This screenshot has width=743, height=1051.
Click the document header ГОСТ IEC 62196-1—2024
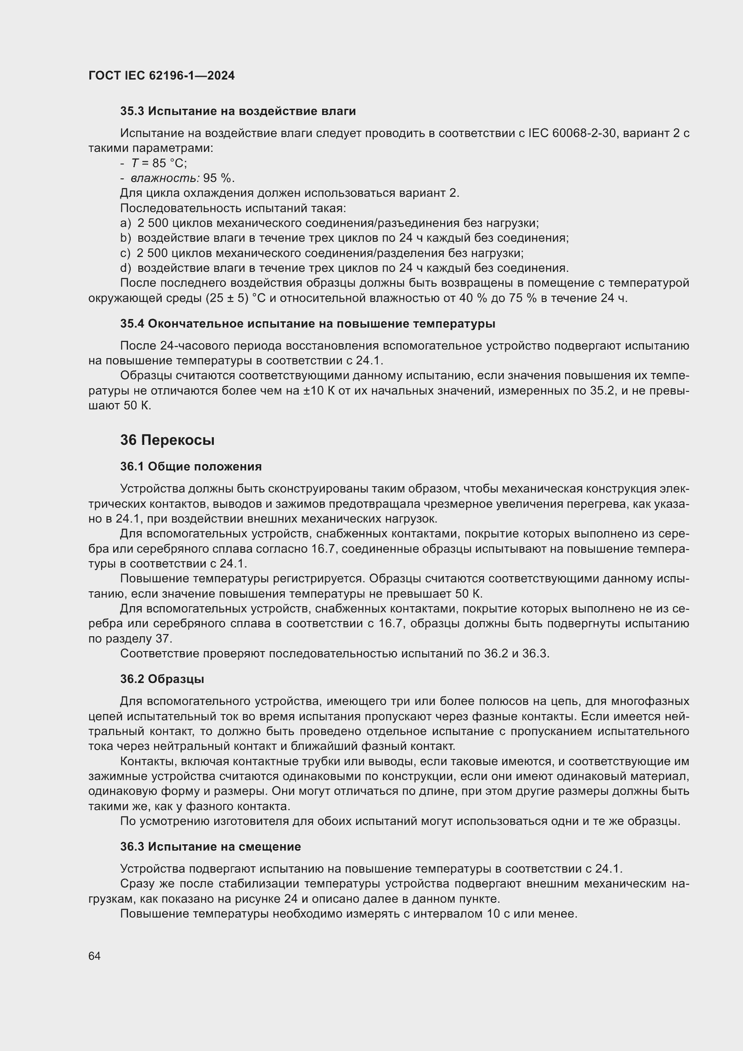[x=161, y=76]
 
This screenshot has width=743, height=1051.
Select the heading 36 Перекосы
[x=167, y=440]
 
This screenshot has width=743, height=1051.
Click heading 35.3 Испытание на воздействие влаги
[x=238, y=111]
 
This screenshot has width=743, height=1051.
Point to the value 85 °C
[x=170, y=164]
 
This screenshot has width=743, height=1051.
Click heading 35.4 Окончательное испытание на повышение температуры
[x=307, y=324]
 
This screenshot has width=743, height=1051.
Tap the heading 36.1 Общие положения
[x=191, y=466]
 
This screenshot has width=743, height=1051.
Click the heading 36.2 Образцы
[x=162, y=679]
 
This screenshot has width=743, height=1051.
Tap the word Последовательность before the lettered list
[x=181, y=208]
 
